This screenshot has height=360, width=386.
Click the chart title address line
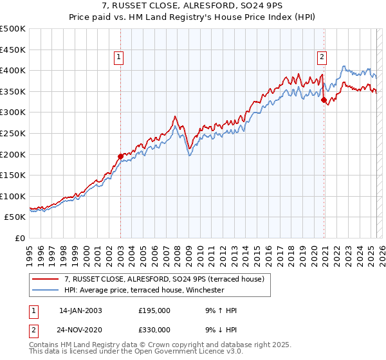(x=192, y=6)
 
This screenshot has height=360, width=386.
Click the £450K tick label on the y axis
(x=13, y=50)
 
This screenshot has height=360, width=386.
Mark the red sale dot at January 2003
(x=120, y=156)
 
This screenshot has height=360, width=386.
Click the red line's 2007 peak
(x=175, y=116)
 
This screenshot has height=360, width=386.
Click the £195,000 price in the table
(x=154, y=310)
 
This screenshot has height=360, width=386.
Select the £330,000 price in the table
(x=154, y=329)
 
